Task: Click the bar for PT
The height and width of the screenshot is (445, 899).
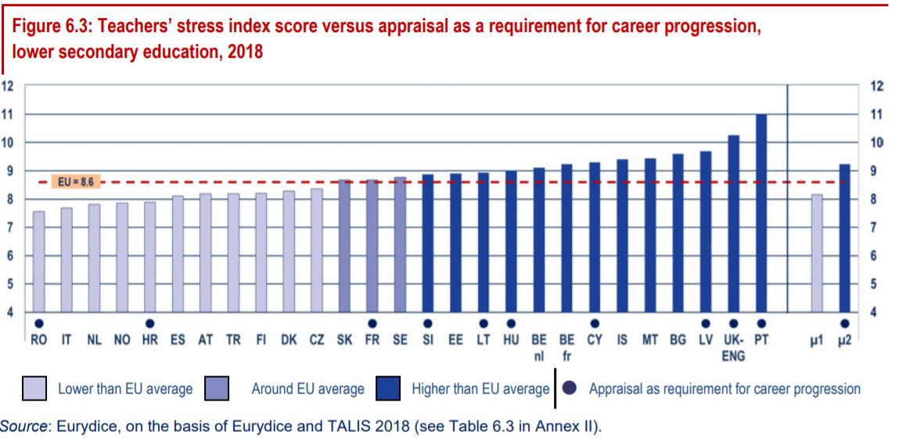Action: [761, 213]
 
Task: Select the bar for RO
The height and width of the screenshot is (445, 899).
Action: [38, 261]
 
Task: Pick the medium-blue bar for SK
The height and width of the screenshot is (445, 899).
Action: [344, 246]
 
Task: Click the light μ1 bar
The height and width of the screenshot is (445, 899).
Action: [817, 253]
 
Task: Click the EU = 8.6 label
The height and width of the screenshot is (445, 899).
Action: [75, 182]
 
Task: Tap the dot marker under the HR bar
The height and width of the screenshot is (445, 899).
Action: [149, 323]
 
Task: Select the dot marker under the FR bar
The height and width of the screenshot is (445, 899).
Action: [372, 323]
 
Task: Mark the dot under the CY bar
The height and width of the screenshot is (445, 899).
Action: [595, 323]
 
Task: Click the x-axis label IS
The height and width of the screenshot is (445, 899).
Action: [622, 341]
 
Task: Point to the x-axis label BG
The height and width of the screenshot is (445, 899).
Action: [678, 341]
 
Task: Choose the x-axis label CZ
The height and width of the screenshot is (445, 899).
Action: [316, 341]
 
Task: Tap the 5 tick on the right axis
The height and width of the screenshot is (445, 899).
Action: [876, 284]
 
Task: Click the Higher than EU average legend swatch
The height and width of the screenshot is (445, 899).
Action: [389, 389]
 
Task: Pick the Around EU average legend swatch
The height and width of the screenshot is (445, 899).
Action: [216, 389]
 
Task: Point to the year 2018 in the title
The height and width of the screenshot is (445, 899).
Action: [242, 53]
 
